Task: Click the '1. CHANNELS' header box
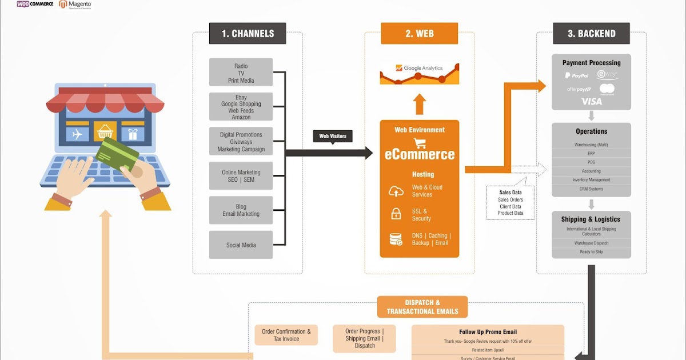(x=248, y=33)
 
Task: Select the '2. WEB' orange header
(x=419, y=33)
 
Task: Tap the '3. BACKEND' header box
(x=591, y=33)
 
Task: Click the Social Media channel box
(x=241, y=245)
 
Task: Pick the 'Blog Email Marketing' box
(x=241, y=210)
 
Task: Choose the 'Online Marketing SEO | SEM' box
(x=241, y=176)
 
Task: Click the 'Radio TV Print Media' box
(x=241, y=73)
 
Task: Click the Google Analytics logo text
(x=423, y=68)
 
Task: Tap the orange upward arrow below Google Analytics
(x=419, y=103)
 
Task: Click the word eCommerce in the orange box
(x=419, y=154)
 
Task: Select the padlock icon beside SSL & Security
(x=396, y=214)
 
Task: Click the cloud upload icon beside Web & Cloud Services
(x=396, y=191)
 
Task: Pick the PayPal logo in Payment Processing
(x=576, y=75)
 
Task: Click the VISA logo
(x=592, y=101)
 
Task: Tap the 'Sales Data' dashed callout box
(x=510, y=203)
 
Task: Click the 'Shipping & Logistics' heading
(x=591, y=219)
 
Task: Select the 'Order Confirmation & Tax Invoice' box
(x=286, y=335)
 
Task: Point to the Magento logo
(x=75, y=5)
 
